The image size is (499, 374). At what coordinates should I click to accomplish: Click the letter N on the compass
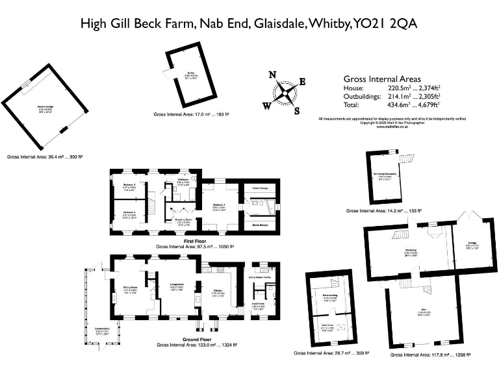pos(273,74)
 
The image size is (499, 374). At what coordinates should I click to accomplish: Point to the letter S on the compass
pos(297,110)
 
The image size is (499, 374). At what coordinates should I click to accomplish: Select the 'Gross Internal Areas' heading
pos(380,77)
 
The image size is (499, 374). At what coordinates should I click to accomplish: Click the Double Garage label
pos(45,108)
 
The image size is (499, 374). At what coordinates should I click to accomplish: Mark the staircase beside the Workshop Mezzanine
pos(407,159)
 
